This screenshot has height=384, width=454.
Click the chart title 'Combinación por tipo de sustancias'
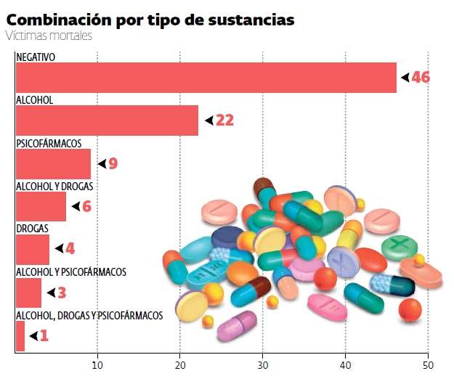150,19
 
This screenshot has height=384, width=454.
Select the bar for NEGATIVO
206,78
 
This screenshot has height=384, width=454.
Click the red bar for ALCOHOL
107,120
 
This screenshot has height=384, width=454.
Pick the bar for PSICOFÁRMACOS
53,164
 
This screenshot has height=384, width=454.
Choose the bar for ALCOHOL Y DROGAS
41,206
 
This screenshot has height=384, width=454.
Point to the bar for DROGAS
32,249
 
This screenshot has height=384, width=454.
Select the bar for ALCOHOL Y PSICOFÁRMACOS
28,293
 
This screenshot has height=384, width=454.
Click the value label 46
421,78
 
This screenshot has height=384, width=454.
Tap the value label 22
224,120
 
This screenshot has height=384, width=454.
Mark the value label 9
113,164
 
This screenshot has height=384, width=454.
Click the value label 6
86,207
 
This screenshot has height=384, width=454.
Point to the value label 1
44,335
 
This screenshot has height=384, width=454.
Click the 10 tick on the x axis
97,365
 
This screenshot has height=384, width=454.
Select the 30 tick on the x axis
263,365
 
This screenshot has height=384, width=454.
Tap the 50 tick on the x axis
429,365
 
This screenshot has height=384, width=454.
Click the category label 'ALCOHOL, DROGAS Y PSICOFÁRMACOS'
89,315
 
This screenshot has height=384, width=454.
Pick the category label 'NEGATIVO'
36,57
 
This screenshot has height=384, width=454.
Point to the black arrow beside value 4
59,249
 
